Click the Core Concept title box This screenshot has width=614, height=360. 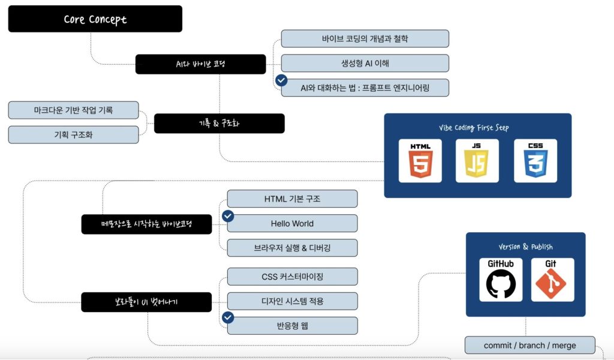(95, 19)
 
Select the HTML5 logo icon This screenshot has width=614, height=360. (420, 160)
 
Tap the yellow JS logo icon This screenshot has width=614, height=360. (477, 160)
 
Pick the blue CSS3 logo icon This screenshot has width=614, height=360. (535, 160)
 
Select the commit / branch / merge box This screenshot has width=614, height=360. (530, 346)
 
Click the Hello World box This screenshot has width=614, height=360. (292, 223)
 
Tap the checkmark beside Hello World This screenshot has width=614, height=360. (228, 217)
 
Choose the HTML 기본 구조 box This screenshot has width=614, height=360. (292, 199)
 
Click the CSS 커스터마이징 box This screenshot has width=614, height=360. (292, 277)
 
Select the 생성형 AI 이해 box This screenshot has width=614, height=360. (365, 63)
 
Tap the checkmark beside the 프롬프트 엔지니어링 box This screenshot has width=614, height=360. (281, 80)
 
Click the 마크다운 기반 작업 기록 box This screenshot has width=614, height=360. (73, 110)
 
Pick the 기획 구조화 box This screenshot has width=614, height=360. (73, 135)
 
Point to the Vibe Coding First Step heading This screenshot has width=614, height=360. (477, 128)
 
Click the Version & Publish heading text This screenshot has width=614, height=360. (525, 247)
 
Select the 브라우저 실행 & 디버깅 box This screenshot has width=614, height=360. (292, 247)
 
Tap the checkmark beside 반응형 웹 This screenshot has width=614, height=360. (228, 319)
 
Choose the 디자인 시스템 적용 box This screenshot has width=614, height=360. (292, 301)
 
